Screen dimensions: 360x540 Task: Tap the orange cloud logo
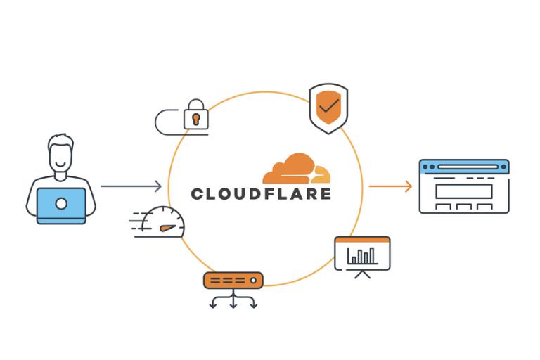[296, 169]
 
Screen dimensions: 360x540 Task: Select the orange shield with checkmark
[328, 108]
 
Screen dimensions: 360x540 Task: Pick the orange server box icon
[233, 281]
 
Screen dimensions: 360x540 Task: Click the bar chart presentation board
[362, 253]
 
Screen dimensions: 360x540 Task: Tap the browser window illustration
[463, 186]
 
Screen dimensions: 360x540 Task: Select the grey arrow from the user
[131, 186]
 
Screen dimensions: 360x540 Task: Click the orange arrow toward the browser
[390, 186]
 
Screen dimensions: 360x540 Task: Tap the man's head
[61, 153]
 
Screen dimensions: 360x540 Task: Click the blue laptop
[61, 205]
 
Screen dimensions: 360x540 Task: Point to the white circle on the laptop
[61, 204]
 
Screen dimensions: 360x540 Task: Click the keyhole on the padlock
[195, 118]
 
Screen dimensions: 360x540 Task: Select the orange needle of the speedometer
[166, 227]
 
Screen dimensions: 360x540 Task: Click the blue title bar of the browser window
[463, 167]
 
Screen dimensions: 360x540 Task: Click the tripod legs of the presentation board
[362, 274]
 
